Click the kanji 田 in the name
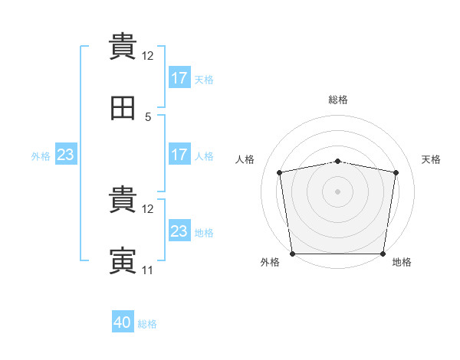pos(123,110)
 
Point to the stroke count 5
pos(148,117)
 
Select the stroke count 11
pos(148,270)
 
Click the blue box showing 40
pos(123,323)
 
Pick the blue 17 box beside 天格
pos(179,78)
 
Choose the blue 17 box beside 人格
pos(179,155)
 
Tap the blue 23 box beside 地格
pos(179,231)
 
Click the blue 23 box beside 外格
pos(66,155)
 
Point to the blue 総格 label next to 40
pos(147,324)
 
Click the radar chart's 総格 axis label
pos(338,100)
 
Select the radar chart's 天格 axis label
pos(431,159)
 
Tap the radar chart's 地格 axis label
pos(402,262)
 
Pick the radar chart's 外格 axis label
pos(270,262)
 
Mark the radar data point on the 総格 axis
pos(338,161)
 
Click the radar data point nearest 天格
pos(396,172)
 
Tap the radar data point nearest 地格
pos(383,254)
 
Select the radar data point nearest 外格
pos(293,254)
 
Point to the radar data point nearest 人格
pos(280,172)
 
